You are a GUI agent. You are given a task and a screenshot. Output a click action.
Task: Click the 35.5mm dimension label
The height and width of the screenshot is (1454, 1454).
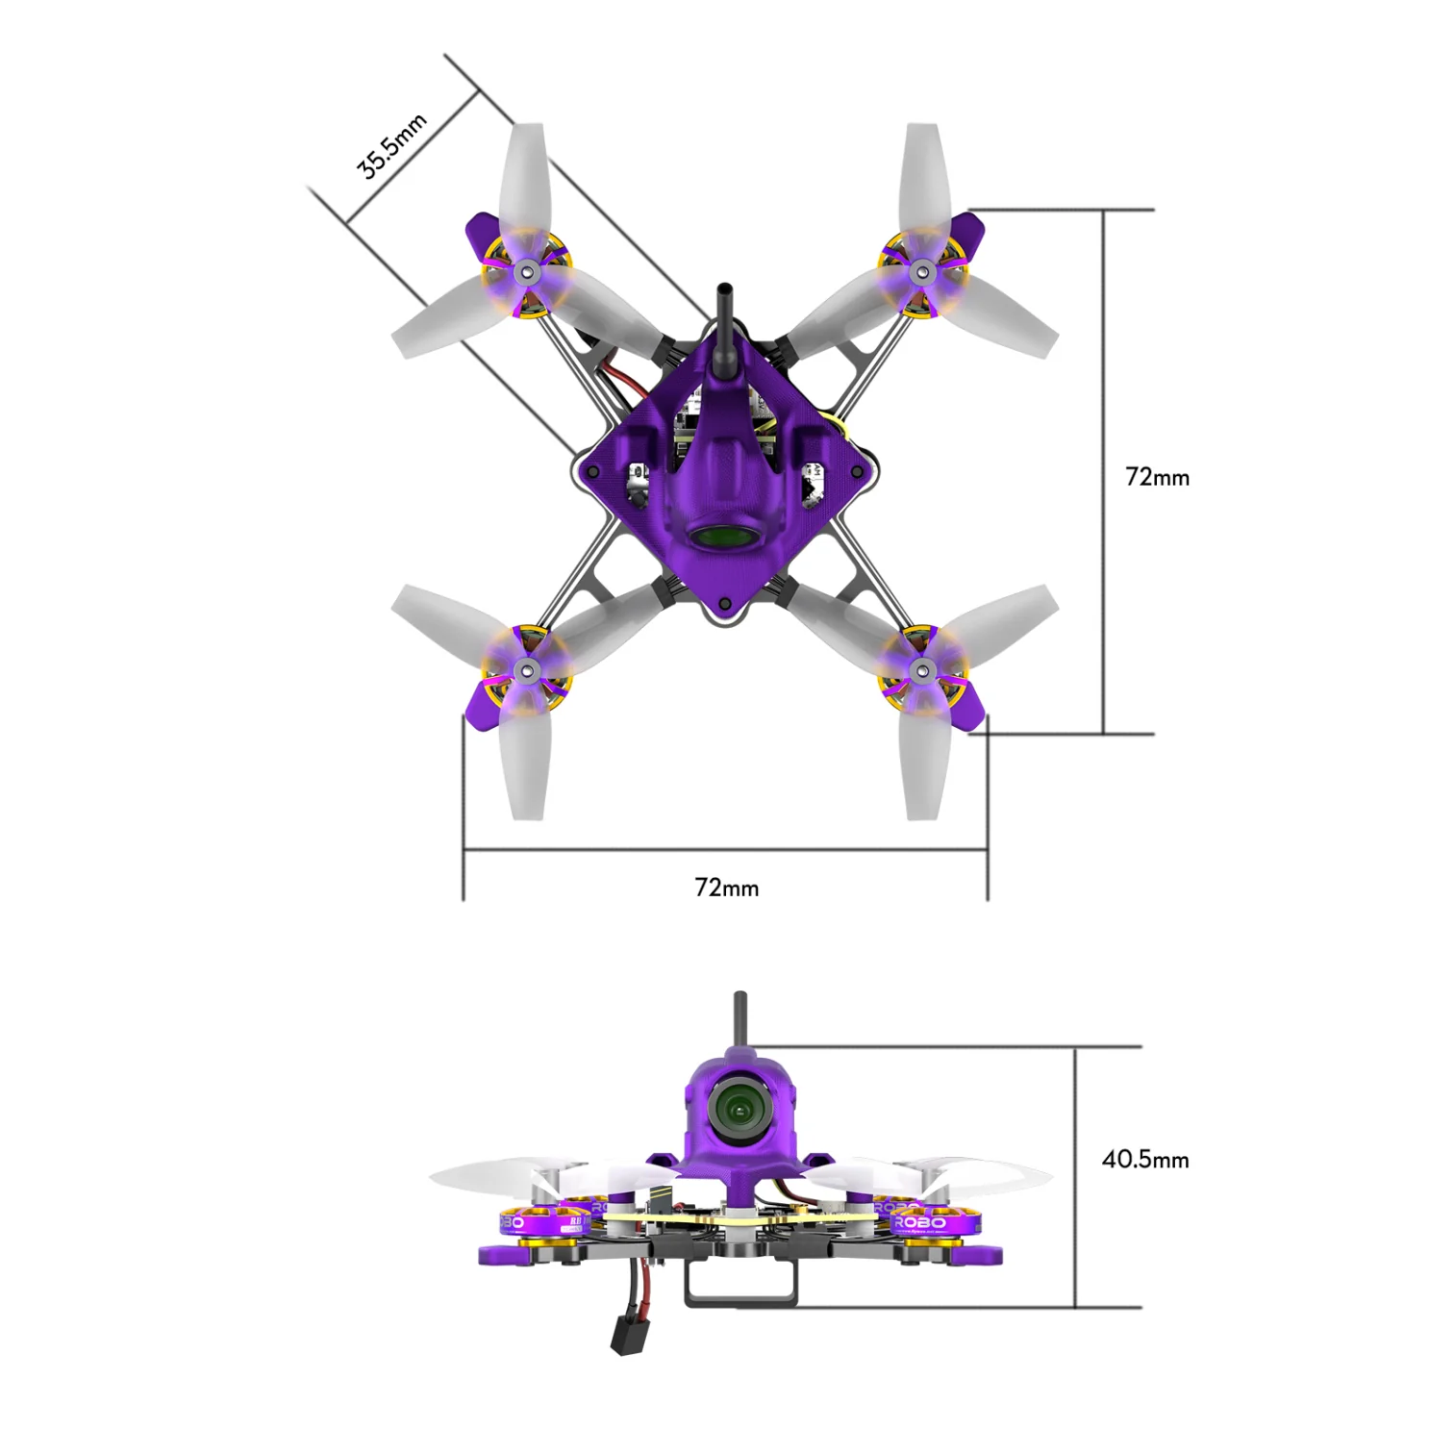(391, 146)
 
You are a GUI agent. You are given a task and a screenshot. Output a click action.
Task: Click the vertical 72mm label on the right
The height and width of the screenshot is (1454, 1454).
(1157, 477)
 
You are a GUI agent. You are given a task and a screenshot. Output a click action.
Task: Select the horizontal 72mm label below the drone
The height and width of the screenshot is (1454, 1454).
(726, 888)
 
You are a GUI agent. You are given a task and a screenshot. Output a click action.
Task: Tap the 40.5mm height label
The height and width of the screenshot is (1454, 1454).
(1144, 1159)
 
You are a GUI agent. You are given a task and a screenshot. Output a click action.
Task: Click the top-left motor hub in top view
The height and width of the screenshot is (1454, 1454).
(526, 273)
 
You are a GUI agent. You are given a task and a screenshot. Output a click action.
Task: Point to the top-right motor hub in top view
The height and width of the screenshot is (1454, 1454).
(922, 273)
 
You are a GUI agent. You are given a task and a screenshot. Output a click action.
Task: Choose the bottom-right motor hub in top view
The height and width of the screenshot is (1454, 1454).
(922, 669)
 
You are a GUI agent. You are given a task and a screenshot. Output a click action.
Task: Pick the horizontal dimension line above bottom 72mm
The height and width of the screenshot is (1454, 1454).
(725, 850)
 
